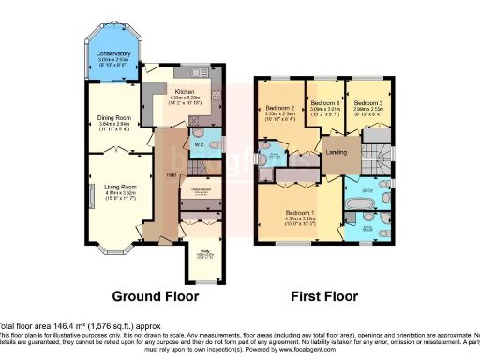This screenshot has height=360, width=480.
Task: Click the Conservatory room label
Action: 113,54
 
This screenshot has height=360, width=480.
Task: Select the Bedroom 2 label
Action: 281,109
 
